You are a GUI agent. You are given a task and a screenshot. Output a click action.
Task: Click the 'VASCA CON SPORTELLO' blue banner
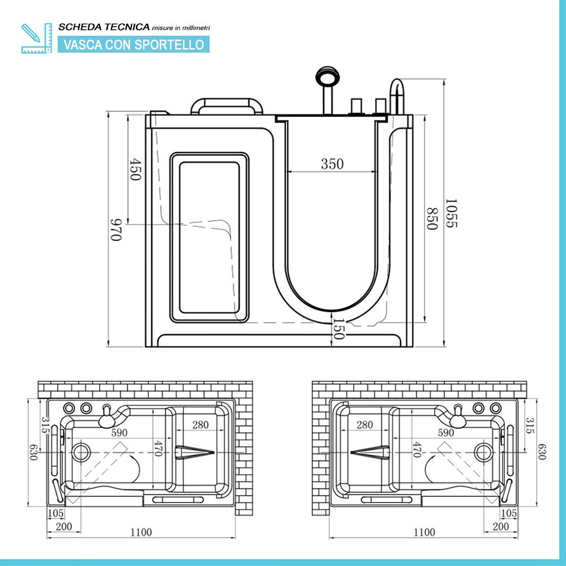tap(134, 44)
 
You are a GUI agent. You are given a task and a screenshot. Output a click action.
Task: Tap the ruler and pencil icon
tap(35, 38)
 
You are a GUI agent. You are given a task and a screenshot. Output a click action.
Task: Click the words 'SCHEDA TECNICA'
tap(104, 27)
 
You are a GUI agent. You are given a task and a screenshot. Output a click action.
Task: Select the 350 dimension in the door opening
tap(332, 164)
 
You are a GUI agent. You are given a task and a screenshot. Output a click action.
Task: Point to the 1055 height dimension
tap(451, 213)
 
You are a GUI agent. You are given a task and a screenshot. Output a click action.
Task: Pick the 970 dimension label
tap(116, 229)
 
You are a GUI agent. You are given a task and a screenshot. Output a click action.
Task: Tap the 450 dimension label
tap(135, 169)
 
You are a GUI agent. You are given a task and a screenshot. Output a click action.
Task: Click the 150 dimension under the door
tap(338, 329)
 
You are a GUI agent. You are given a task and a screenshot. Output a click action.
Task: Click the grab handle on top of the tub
tap(226, 106)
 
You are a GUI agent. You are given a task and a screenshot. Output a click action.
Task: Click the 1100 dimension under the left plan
tap(141, 532)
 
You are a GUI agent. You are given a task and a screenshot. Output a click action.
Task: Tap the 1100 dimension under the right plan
tap(424, 532)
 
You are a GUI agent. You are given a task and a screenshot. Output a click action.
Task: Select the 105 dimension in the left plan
tap(56, 513)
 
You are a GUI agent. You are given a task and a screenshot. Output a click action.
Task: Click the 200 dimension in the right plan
tap(501, 526)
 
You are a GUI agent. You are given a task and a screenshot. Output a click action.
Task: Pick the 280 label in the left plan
tap(200, 424)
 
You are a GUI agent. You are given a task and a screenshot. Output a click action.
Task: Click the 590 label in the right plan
tap(446, 432)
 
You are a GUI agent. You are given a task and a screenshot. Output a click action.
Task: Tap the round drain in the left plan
tap(82, 452)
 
